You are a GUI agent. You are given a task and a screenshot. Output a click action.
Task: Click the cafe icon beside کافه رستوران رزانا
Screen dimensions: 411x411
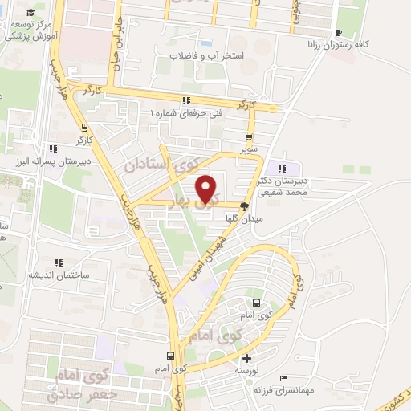point(337,32)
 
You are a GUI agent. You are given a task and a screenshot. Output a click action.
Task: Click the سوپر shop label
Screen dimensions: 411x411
point(251,149)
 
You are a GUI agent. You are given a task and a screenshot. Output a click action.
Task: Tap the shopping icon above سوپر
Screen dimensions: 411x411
point(251,136)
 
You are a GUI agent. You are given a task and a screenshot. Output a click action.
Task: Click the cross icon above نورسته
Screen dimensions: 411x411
point(246,358)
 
